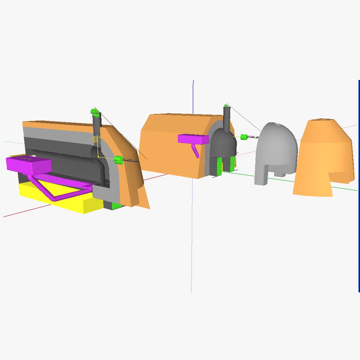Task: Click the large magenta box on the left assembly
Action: coord(28,164)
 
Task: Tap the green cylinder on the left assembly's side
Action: coord(118,160)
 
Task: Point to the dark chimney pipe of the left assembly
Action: coord(97,127)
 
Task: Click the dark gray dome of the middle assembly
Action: coord(223,143)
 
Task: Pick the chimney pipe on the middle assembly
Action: coord(227,118)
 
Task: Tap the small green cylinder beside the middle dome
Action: coord(244,137)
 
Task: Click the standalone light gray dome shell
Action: coord(277,150)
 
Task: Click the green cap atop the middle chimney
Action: coord(226,106)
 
